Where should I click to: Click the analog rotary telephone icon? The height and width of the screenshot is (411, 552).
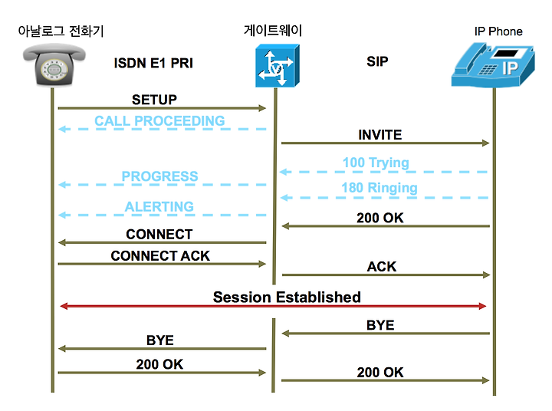(54, 64)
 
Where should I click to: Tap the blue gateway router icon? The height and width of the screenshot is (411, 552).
(278, 65)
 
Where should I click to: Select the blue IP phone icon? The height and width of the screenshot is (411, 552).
(493, 65)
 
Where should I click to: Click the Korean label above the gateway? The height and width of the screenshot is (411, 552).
(273, 30)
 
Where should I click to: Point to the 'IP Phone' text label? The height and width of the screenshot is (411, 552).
(498, 31)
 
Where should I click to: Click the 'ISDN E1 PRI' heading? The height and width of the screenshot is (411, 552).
(153, 63)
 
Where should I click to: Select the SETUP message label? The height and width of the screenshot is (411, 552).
(154, 100)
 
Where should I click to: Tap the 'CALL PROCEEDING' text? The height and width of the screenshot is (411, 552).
(159, 121)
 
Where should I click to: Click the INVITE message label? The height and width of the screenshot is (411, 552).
(379, 135)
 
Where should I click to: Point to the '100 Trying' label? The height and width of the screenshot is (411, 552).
(376, 163)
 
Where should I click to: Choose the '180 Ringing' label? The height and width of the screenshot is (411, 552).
(379, 188)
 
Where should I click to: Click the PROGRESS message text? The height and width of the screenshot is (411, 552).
(159, 176)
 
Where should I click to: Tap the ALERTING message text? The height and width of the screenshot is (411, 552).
(159, 206)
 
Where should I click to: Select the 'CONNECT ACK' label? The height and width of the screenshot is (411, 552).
(160, 255)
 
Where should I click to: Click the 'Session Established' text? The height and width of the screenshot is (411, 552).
(287, 298)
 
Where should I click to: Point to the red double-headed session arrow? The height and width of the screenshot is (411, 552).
(273, 306)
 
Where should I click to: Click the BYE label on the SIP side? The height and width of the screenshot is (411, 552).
(380, 325)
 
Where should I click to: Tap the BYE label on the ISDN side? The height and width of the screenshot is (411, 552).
(160, 340)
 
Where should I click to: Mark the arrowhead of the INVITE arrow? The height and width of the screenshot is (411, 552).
(486, 143)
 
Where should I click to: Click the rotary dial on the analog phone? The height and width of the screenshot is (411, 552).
(54, 69)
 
